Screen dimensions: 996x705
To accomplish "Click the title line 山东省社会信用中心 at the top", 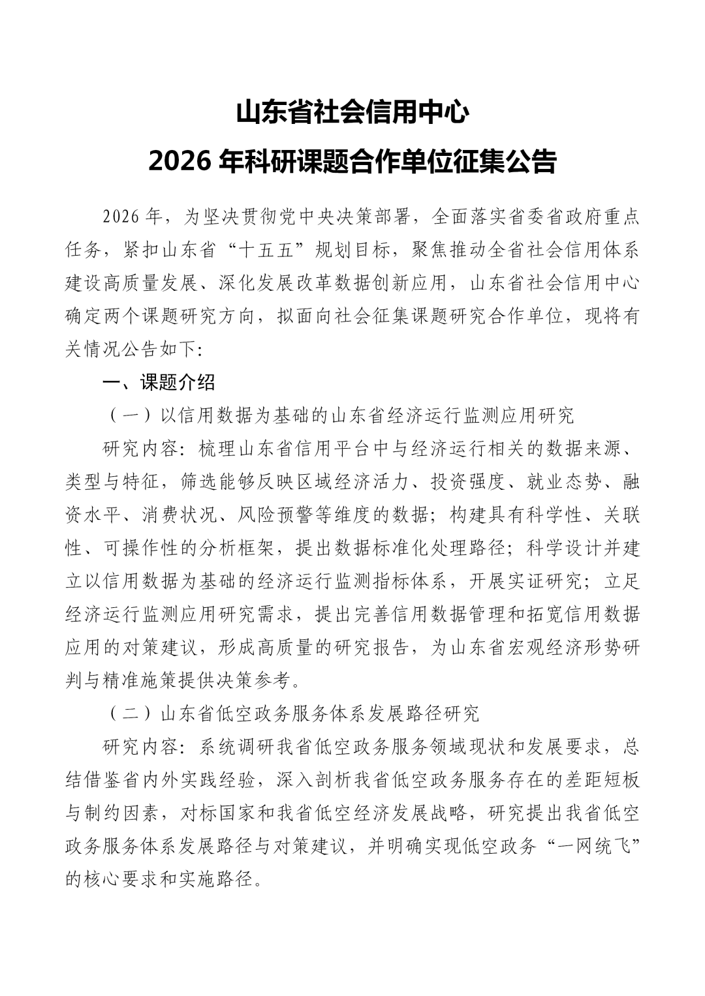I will point(352,112).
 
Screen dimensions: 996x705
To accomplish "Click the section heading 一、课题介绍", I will point(159,383).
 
